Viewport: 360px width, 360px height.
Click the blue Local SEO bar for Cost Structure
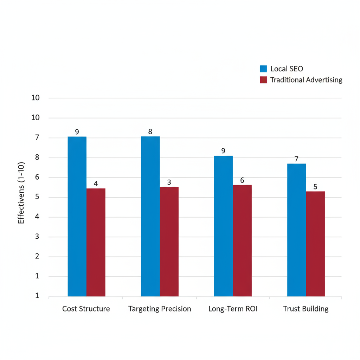(77, 216)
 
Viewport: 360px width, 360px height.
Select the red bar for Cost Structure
(96, 242)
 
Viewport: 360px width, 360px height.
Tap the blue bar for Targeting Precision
(150, 216)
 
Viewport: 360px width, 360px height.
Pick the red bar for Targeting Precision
(169, 242)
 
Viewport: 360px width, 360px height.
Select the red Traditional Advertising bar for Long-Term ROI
(242, 240)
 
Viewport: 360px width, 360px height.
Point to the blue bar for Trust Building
(296, 230)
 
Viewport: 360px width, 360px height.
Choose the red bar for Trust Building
(315, 244)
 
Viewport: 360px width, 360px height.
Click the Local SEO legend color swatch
(264, 69)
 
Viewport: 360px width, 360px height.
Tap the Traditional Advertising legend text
(306, 80)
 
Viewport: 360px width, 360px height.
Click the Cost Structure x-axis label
(86, 309)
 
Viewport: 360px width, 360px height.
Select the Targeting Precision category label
(160, 309)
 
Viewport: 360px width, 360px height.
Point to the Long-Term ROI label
(233, 309)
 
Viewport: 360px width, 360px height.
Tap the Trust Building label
(306, 309)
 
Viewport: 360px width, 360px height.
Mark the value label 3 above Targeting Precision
(169, 182)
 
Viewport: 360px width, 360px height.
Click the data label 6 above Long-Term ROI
(242, 180)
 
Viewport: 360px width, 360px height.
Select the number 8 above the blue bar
(150, 132)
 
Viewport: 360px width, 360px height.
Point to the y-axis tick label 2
(37, 256)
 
